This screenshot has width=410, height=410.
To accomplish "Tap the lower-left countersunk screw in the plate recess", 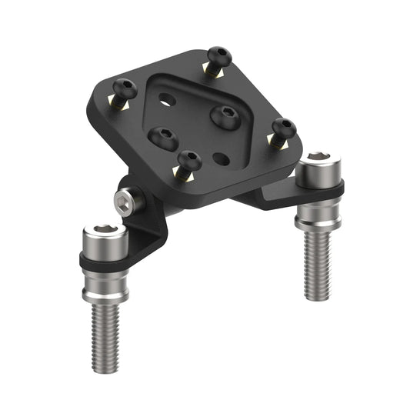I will tap(165, 138).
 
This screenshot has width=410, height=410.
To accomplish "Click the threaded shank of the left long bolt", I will tap(105, 331).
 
